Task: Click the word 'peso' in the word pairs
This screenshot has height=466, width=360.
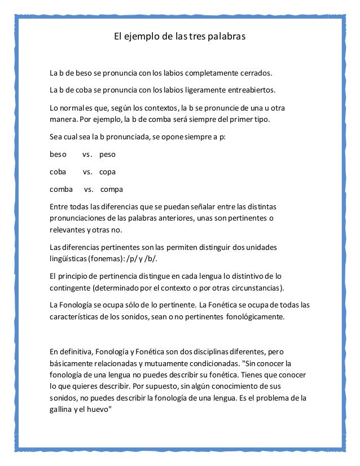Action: point(107,153)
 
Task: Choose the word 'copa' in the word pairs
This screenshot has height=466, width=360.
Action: point(107,172)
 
